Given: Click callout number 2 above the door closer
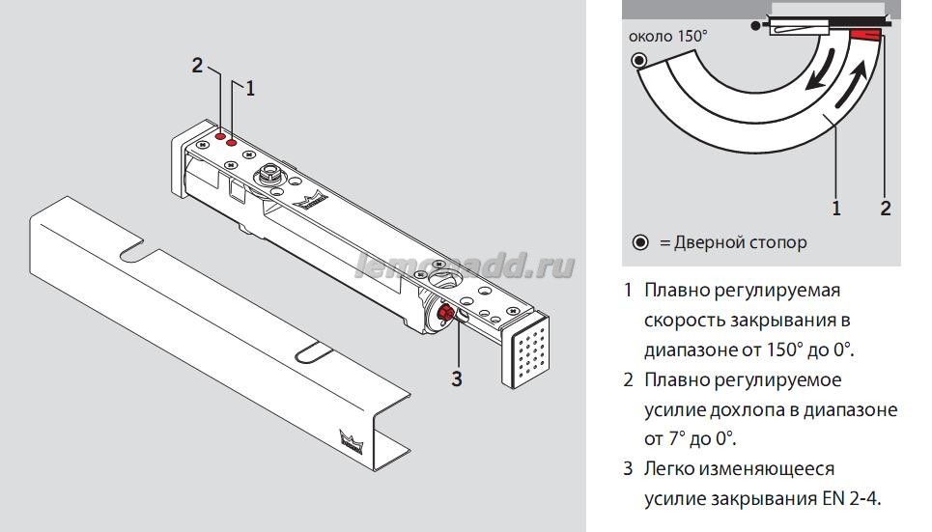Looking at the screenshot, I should click(198, 66).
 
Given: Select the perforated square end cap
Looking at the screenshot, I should click(526, 354).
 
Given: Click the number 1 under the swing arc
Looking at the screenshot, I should click(836, 208).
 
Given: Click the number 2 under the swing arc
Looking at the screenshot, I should click(886, 208).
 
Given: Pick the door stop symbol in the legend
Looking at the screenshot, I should click(639, 243).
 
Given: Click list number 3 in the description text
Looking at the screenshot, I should click(628, 469).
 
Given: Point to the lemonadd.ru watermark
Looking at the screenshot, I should click(464, 266).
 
